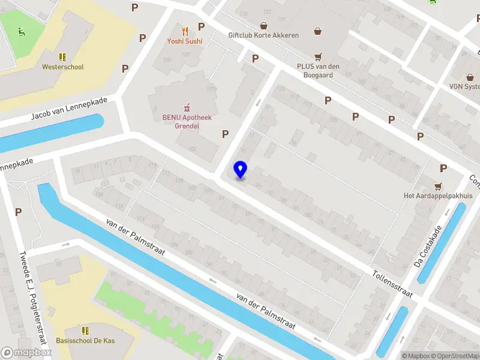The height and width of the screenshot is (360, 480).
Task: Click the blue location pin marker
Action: [x=240, y=170]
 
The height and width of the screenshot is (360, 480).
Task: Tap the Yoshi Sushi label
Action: [x=185, y=41]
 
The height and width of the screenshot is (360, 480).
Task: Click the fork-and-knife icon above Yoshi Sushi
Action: [x=185, y=31]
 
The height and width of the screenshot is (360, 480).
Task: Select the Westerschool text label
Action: [x=62, y=67]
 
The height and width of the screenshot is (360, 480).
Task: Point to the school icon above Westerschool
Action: [x=62, y=56]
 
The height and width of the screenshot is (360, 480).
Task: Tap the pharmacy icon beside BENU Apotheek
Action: [x=187, y=107]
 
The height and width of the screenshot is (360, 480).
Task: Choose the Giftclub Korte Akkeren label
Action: [x=263, y=35]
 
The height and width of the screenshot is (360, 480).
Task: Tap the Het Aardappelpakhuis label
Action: [x=437, y=196]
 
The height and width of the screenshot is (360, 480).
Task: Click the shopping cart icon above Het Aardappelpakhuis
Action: [x=438, y=185]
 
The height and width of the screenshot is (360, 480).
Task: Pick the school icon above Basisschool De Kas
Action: [x=85, y=330]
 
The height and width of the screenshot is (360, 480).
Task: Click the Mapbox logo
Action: [x=26, y=353]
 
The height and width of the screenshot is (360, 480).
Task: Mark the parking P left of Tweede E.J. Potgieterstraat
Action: [x=18, y=212]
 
